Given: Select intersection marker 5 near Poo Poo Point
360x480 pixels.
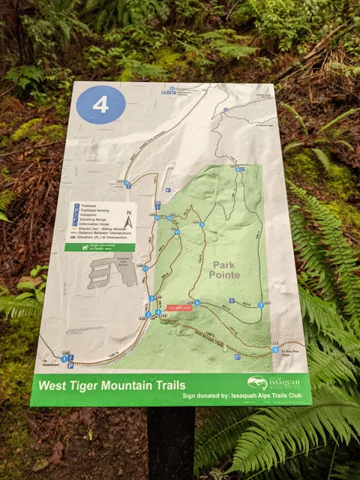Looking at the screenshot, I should [274, 349].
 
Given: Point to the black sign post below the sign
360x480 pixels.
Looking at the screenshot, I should [170, 442].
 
